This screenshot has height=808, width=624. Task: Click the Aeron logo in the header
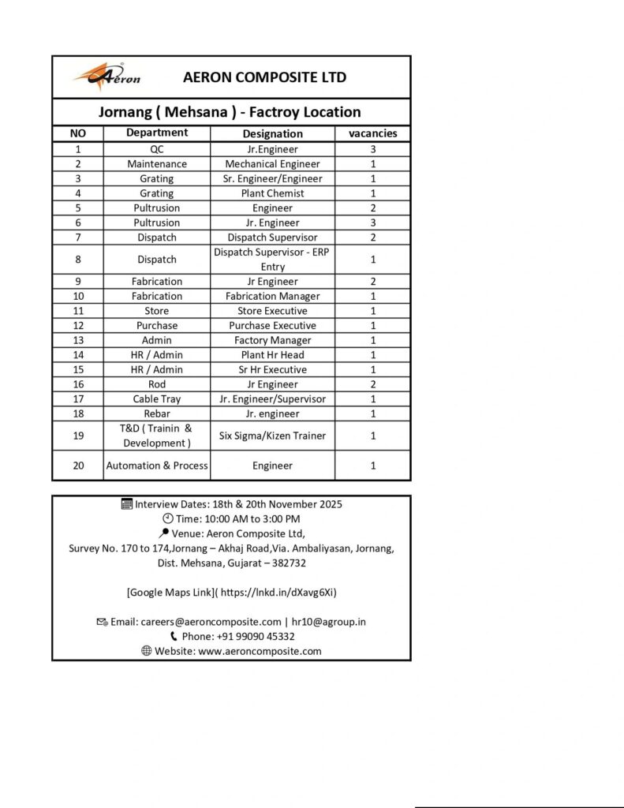coord(107,77)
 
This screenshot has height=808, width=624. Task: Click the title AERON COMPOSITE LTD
coord(264,77)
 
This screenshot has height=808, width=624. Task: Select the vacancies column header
coord(372,133)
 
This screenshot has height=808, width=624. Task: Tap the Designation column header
coord(272,133)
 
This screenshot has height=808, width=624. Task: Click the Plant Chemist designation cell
coord(272,193)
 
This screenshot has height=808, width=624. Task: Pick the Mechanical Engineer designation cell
coord(272,164)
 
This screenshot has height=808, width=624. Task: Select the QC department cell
coord(156,149)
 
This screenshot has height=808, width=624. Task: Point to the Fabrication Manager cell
coord(272,296)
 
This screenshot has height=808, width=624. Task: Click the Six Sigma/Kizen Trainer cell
coord(272,436)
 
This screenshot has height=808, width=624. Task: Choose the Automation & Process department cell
coord(157,466)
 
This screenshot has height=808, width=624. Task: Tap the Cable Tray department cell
coord(156,399)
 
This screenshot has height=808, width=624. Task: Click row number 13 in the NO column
coord(78,340)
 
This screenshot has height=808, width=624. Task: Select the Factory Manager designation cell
coord(272,340)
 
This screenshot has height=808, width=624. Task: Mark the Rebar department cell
coord(156,413)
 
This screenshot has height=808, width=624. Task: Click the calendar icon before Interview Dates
coord(127,503)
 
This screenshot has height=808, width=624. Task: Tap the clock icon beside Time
coord(167,518)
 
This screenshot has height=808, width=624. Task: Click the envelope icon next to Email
coord(102,622)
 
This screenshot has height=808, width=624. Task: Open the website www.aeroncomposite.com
coord(260,651)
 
